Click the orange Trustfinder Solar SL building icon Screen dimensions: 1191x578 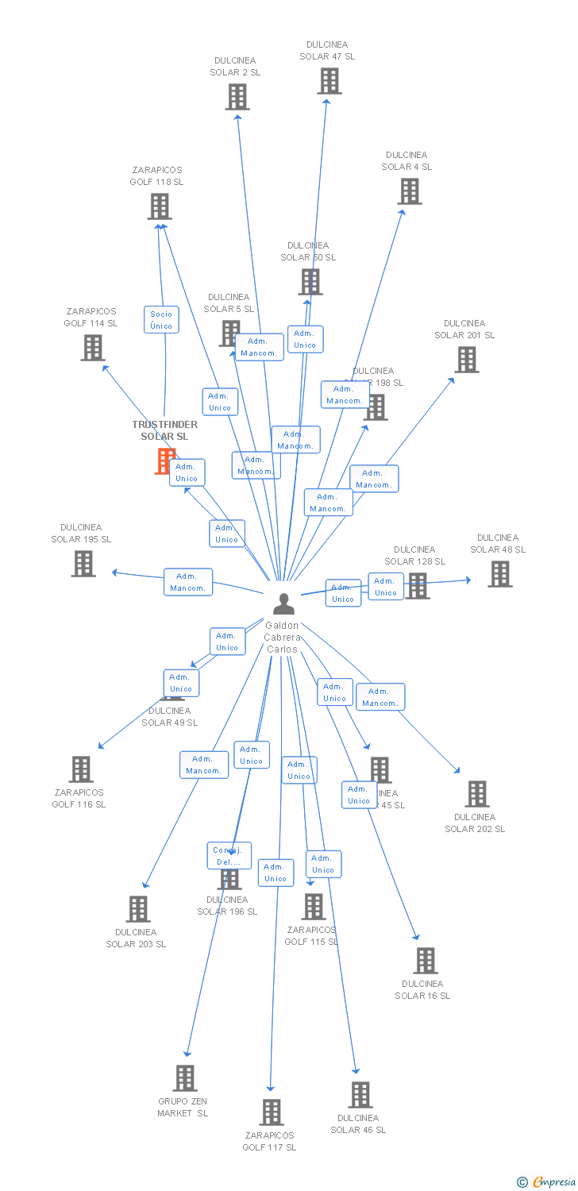(164, 461)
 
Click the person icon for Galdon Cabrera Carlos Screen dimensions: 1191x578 (283, 604)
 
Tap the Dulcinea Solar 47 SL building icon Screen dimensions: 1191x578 (329, 81)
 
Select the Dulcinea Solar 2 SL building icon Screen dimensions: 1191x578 (237, 97)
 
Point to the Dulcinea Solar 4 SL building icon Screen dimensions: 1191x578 (410, 191)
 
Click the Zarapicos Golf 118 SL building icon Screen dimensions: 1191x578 (160, 206)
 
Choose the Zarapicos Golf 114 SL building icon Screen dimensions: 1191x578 (93, 347)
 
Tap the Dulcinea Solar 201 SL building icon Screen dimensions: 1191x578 (467, 359)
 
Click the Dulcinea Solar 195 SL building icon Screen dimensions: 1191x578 (83, 563)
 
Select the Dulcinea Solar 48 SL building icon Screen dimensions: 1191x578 (500, 573)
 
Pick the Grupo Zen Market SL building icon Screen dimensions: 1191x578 (185, 1077)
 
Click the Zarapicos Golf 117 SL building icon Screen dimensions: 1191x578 (272, 1112)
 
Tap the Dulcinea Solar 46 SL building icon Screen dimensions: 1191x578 (360, 1094)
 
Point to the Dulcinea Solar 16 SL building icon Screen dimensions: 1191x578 (426, 960)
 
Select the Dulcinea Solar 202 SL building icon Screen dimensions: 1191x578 (477, 793)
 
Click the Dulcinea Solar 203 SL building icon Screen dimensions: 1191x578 (138, 908)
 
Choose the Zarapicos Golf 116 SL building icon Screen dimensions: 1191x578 (81, 769)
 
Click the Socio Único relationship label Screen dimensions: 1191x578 (161, 320)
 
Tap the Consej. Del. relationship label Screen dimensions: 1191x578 (229, 856)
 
